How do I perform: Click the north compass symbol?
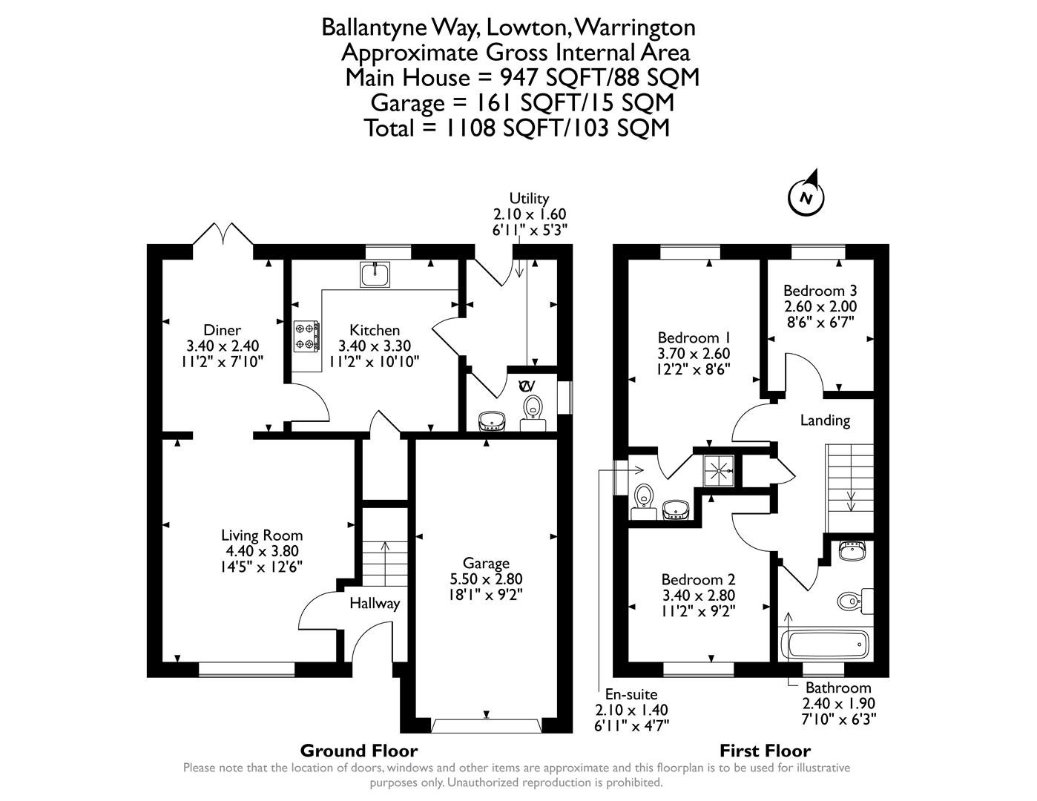pos(806,197)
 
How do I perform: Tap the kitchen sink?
pos(375,274)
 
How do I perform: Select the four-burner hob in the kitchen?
pos(307,335)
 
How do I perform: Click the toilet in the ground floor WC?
pos(532,406)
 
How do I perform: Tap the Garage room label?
pos(486,564)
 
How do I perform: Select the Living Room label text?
pos(262,535)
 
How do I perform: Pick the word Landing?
pos(825,421)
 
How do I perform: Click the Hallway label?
pos(375,604)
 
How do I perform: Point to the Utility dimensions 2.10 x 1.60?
pos(530,214)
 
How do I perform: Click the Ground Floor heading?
pos(358,751)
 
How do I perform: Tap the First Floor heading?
pos(765,751)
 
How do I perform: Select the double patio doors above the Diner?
pos(223,234)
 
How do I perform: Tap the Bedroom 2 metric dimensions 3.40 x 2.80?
pos(698,596)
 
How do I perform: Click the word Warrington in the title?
pos(636,27)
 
